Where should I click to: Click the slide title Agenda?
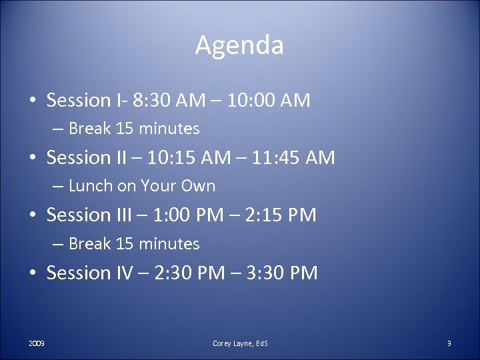pyautogui.click(x=239, y=45)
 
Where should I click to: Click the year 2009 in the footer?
pyautogui.click(x=37, y=343)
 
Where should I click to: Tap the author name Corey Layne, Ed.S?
pyautogui.click(x=240, y=343)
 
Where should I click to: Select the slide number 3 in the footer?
pyautogui.click(x=449, y=343)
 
